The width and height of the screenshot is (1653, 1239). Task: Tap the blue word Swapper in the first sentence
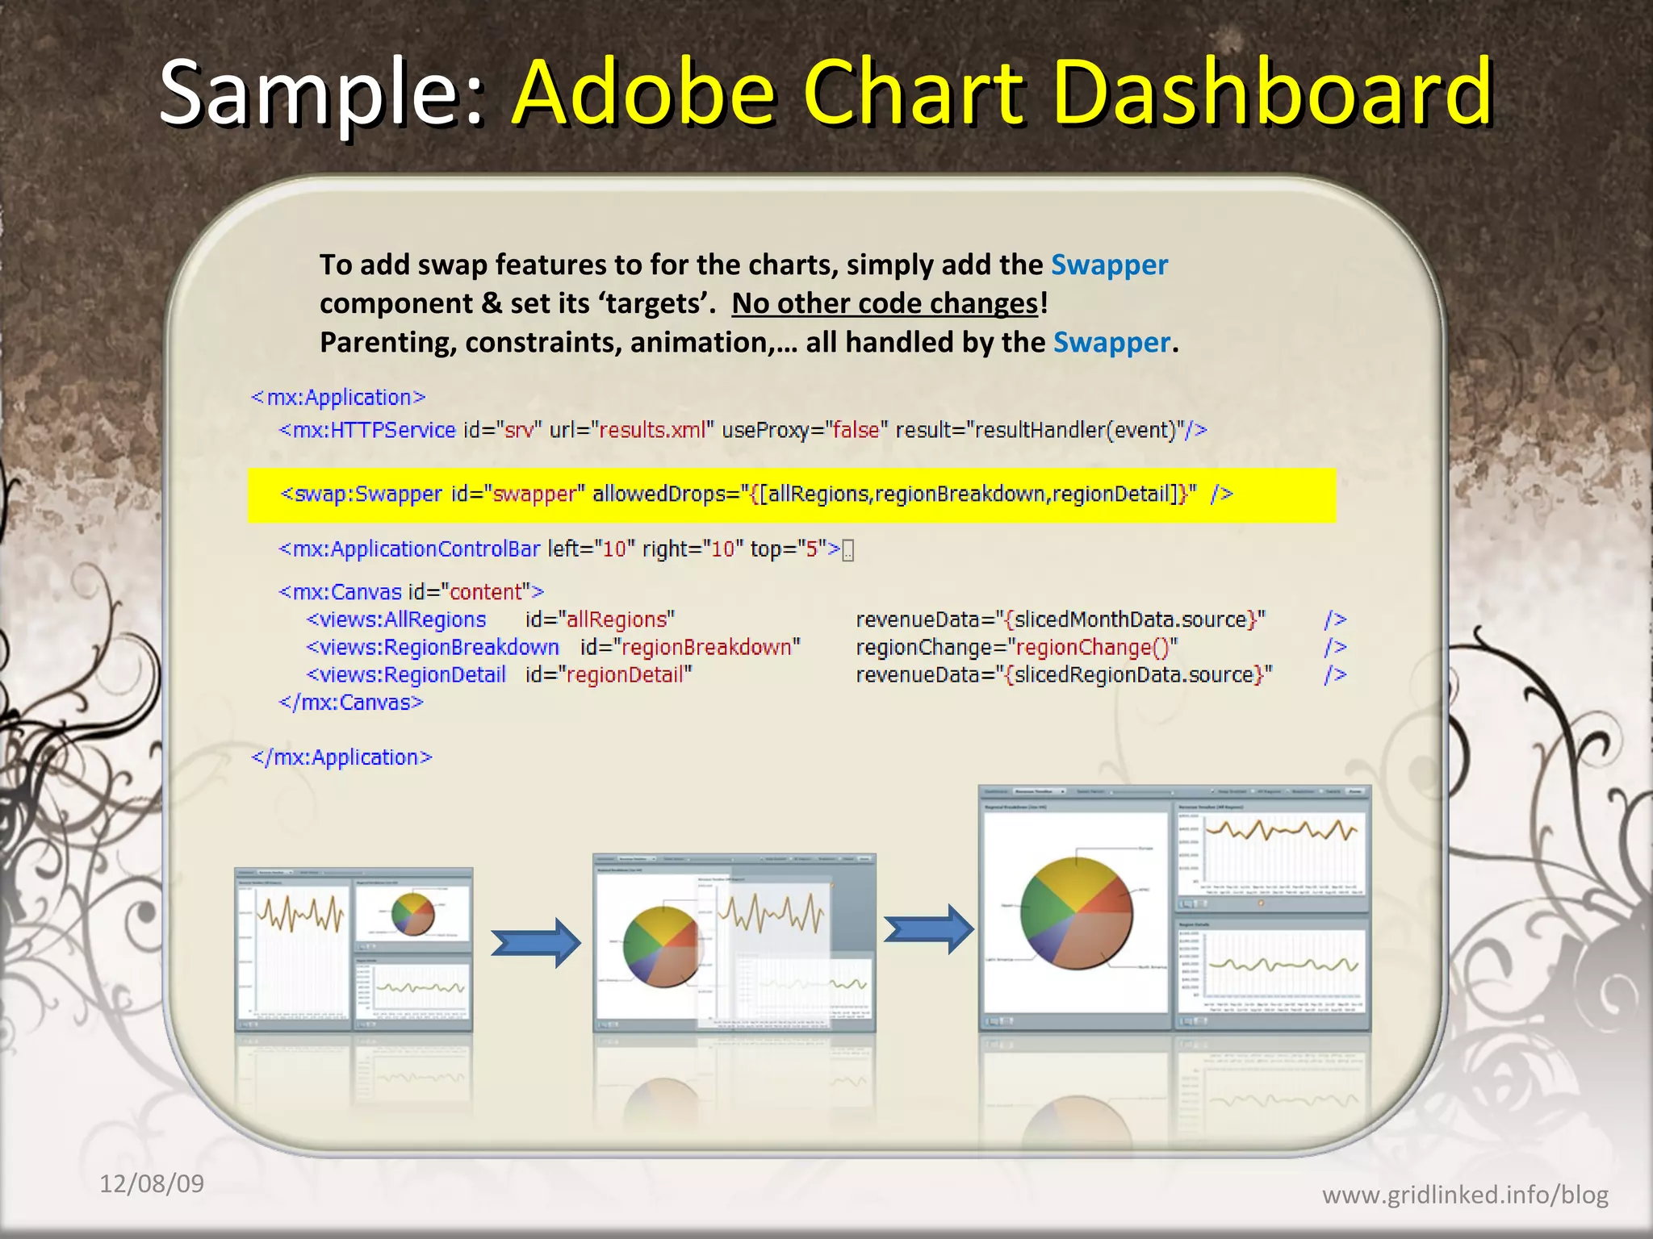pos(1109,265)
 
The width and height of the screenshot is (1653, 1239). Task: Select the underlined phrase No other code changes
pos(885,303)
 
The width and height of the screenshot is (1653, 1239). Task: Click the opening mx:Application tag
pos(338,397)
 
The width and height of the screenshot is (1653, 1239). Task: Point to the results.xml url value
pos(652,430)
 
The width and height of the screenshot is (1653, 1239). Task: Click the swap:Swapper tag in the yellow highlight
pos(361,494)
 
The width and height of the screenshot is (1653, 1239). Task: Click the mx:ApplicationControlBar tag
pos(409,549)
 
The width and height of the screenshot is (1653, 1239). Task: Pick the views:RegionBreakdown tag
pos(433,647)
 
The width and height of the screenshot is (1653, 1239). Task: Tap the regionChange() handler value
pos(1092,647)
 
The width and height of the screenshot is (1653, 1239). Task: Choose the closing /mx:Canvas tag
pos(351,703)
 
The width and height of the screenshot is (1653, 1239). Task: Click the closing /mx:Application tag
pos(341,757)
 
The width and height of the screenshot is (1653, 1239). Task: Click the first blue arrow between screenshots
pos(536,941)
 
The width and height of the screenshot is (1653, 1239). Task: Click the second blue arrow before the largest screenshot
pos(928,928)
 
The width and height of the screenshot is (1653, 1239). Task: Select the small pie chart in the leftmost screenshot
pos(412,913)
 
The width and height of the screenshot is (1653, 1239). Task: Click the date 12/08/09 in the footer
pos(151,1183)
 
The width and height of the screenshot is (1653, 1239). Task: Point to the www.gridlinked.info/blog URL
pos(1464,1195)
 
